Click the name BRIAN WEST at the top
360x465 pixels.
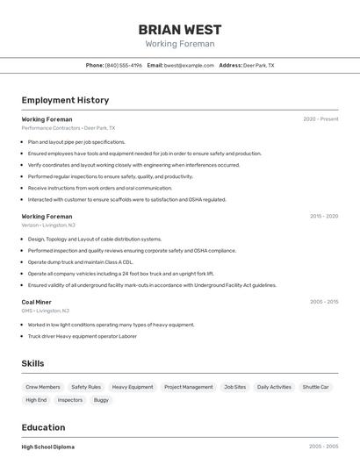[x=179, y=29]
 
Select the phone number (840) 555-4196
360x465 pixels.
[x=124, y=65]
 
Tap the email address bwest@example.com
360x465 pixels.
[x=189, y=65]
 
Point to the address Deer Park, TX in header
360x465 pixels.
[x=258, y=65]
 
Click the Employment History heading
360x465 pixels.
[x=65, y=100]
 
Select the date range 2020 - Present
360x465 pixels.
[x=320, y=119]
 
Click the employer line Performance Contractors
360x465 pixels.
[x=68, y=128]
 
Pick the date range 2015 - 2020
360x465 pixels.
[x=323, y=216]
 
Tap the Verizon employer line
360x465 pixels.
[x=47, y=225]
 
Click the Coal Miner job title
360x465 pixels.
[x=36, y=302]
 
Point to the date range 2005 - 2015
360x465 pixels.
[x=323, y=302]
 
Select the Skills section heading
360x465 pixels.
[x=32, y=363]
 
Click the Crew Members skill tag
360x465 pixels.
[x=43, y=387]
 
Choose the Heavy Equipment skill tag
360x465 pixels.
[x=133, y=387]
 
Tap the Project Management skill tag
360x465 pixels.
[x=188, y=387]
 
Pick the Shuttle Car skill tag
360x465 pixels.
[x=315, y=387]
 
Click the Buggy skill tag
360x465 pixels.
[x=101, y=400]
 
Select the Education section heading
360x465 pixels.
[x=44, y=427]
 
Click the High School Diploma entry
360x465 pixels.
[x=48, y=447]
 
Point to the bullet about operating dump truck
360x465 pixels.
[x=80, y=261]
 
